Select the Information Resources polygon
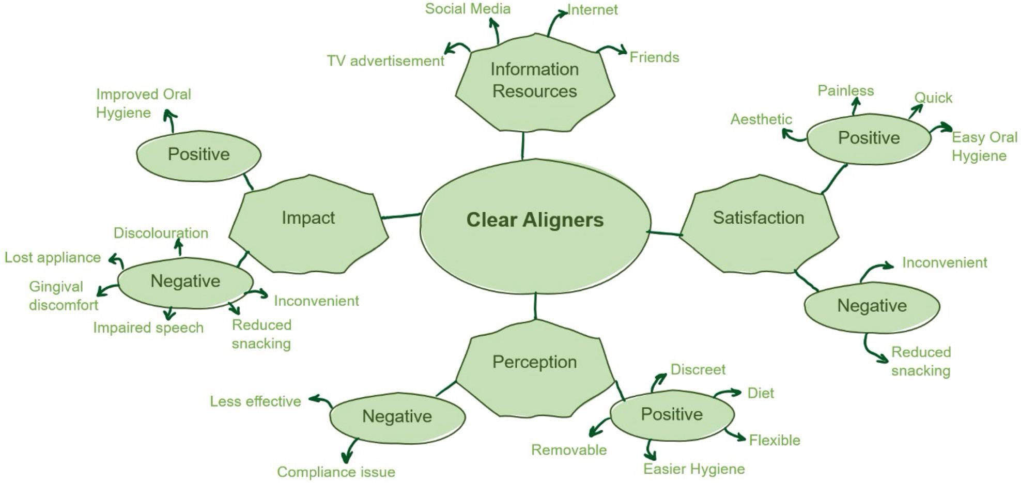(x=535, y=83)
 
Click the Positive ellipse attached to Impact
(x=198, y=155)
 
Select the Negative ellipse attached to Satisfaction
(x=872, y=306)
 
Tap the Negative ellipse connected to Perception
(x=397, y=417)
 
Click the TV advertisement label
(x=385, y=61)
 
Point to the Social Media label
(x=468, y=9)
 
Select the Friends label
(x=654, y=57)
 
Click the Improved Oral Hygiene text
(x=143, y=103)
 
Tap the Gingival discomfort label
(x=63, y=296)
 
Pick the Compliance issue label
(x=336, y=472)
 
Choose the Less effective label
(x=255, y=401)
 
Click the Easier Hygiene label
(x=693, y=469)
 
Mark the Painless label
(x=845, y=91)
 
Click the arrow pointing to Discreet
(x=658, y=382)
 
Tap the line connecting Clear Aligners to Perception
(x=535, y=306)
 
